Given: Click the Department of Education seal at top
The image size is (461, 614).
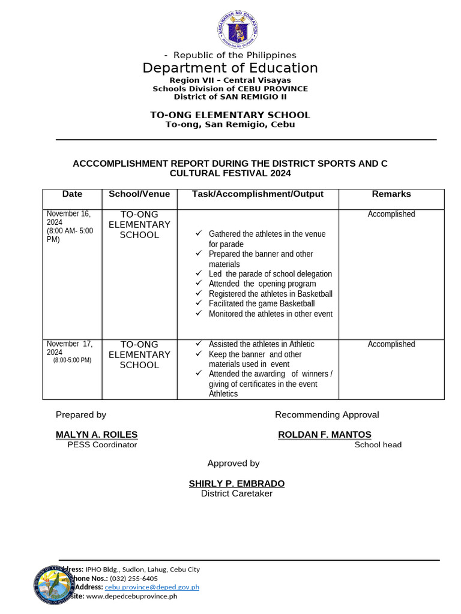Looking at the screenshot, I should pos(237,30).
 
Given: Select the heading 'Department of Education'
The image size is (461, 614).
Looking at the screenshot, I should pos(230,68).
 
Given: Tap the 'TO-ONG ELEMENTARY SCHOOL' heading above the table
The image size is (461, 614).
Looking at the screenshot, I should pos(230,115).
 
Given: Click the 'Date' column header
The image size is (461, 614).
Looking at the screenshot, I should pos(72,194).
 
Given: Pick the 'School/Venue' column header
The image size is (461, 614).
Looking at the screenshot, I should pos(139,194).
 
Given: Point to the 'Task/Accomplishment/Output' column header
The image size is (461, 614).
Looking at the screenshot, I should pos(258,194).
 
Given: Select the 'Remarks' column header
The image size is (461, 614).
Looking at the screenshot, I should pos(391,194).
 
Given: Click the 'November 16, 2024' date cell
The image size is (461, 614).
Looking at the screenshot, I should pos(69,218).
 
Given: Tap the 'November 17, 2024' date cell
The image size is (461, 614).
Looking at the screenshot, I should pos(70,348).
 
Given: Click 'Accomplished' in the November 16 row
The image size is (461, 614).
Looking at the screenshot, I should pos(391,214).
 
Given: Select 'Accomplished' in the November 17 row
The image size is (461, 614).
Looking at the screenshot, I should pos(391,344).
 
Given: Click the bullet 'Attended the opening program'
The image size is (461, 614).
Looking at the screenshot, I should pos(262,284).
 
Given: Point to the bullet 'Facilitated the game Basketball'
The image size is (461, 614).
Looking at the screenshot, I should pos(261,304).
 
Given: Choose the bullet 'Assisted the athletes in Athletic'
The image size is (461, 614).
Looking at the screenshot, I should pos(261,344).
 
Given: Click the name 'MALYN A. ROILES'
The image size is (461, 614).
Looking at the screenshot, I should pos(97,435).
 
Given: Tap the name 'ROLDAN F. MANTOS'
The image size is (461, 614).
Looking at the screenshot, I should pos(325,435).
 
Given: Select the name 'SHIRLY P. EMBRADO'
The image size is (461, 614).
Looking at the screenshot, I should pos(237,484).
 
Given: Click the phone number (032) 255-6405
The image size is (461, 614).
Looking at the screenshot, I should pos(134,579).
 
